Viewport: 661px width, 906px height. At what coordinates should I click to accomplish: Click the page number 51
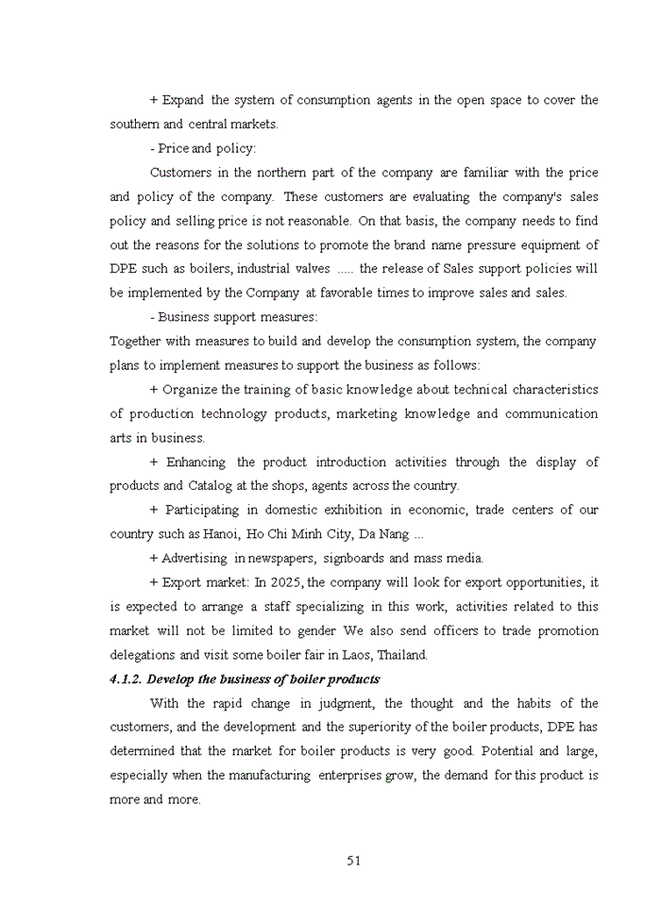click(x=354, y=860)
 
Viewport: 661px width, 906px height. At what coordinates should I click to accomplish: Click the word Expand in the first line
click(x=183, y=100)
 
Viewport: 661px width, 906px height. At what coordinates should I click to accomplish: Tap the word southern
click(x=134, y=125)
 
